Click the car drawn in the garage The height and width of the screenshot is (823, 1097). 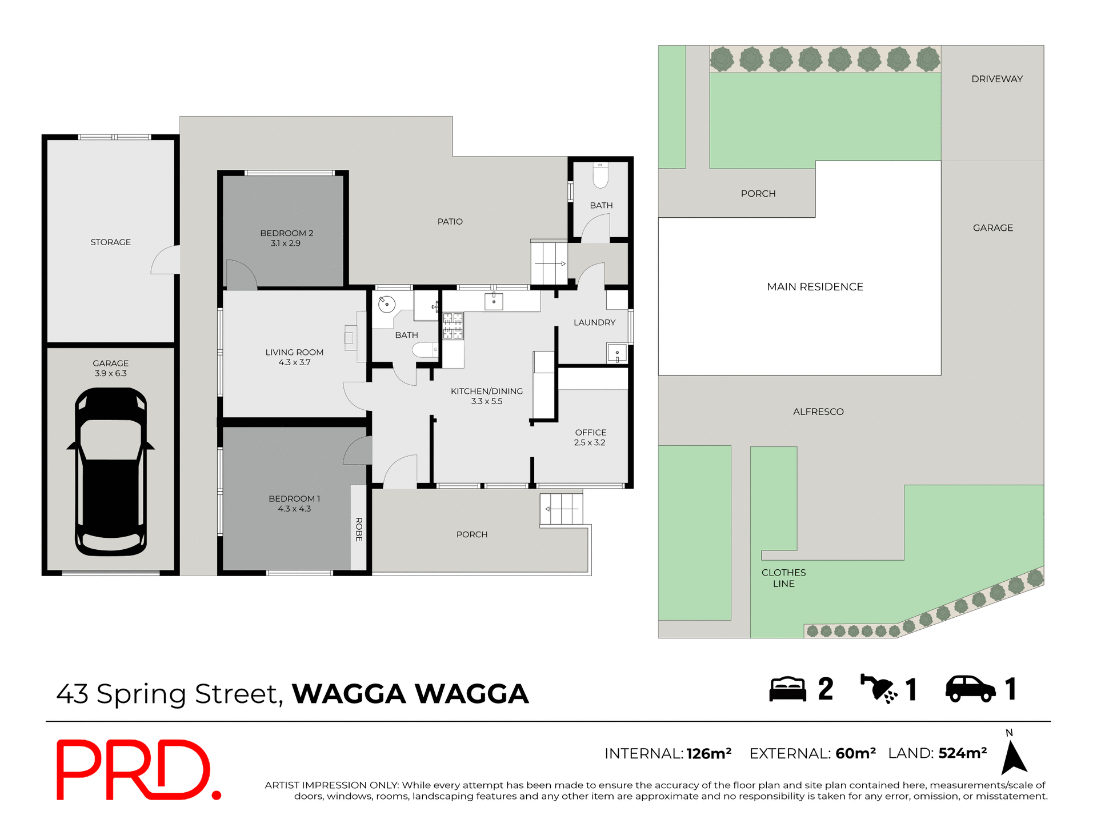[111, 472]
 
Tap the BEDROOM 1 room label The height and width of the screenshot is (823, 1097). [294, 498]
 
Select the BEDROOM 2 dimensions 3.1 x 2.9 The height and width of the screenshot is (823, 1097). [285, 243]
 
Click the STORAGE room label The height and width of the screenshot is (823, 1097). [111, 242]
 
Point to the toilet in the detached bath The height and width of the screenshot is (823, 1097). [600, 175]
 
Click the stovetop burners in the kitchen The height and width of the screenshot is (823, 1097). [453, 326]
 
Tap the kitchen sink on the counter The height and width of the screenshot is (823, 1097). [494, 301]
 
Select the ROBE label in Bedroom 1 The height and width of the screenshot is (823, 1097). [359, 529]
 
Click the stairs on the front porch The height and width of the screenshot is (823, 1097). [562, 509]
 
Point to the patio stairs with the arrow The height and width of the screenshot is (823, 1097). [549, 263]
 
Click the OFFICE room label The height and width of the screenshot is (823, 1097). [591, 433]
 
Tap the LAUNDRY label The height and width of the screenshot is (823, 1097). [594, 322]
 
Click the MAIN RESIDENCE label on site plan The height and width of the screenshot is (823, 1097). [815, 287]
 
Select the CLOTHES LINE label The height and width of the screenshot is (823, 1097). [783, 578]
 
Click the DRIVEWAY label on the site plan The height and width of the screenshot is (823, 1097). [997, 79]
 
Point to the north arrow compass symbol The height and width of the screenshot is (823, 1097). [1014, 757]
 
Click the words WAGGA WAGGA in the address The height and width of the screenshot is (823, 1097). [410, 694]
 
